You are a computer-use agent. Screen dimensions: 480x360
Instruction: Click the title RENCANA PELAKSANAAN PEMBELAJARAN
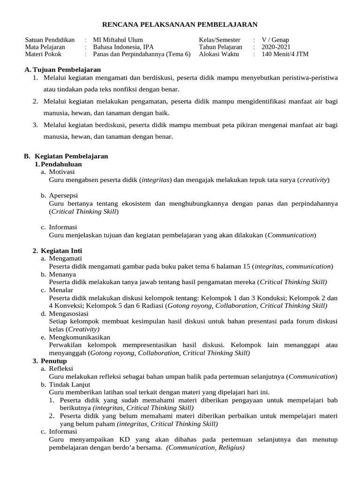[x=180, y=24]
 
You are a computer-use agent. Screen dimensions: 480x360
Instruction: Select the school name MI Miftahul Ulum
[x=118, y=40]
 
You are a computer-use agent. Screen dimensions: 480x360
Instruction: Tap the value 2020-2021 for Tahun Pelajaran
[x=276, y=47]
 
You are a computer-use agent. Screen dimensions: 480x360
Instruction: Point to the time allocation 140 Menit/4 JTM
[x=285, y=54]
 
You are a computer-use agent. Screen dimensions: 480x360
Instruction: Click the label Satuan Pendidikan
[x=50, y=40]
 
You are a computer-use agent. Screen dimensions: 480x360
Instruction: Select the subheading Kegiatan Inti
[x=61, y=251]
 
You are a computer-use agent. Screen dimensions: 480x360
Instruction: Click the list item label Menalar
[x=61, y=290]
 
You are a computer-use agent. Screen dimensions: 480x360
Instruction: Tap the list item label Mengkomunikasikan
[x=79, y=337]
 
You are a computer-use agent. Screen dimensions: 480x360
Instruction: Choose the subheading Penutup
[x=53, y=361]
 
